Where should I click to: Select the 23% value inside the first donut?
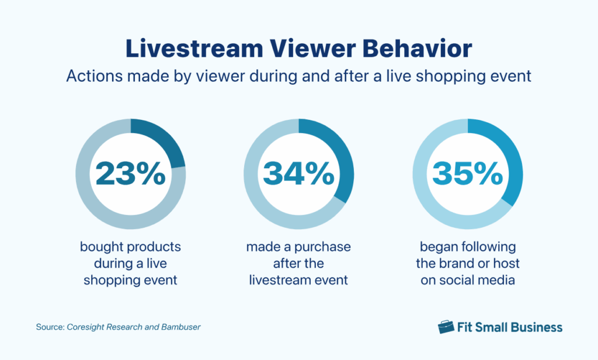(130, 174)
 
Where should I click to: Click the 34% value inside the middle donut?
(298, 174)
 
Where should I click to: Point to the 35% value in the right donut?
(467, 174)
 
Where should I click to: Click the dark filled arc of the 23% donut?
(164, 141)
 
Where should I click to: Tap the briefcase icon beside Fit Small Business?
(446, 327)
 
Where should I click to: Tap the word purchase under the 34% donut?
(324, 247)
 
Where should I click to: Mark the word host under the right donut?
(506, 264)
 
